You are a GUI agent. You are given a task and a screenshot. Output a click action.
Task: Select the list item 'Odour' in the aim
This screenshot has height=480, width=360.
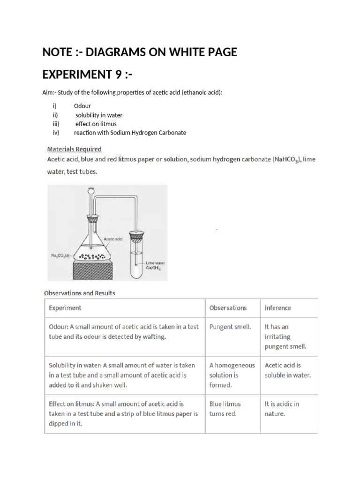tap(82, 106)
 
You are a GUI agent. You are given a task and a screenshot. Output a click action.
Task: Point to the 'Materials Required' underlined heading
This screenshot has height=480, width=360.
tap(74, 149)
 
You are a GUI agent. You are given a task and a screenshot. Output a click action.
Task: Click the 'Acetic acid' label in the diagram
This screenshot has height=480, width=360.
tap(113, 239)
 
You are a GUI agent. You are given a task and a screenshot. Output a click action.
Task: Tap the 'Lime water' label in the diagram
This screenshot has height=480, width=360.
tap(155, 263)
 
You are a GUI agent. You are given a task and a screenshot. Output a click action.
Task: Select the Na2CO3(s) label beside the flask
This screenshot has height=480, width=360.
tap(60, 255)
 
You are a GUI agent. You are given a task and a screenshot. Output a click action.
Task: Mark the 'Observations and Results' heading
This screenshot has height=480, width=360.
tap(79, 293)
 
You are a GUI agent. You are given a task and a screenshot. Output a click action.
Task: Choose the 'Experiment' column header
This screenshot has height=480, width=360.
tap(65, 308)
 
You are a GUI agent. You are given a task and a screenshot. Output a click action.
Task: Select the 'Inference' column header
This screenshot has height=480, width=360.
tap(277, 308)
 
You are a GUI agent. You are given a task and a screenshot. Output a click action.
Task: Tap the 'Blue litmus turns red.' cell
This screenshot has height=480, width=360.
tap(225, 409)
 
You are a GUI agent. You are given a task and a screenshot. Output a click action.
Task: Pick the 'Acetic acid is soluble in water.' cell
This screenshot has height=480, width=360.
tap(287, 370)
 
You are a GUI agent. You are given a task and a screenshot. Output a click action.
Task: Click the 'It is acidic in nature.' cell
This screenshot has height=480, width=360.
tap(282, 409)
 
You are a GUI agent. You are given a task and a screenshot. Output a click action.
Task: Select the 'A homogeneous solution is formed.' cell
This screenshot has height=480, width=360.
tap(232, 375)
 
